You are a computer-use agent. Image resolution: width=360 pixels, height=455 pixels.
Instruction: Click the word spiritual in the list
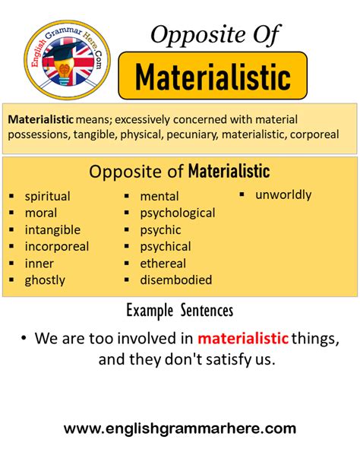48,197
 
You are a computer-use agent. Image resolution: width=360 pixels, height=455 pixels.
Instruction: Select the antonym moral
41,213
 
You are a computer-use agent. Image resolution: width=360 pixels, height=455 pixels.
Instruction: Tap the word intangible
52,230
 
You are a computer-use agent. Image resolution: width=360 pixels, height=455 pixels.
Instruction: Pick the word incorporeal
57,247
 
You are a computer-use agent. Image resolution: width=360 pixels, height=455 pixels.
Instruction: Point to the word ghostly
45,280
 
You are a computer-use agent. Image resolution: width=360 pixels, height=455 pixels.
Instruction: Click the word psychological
178,213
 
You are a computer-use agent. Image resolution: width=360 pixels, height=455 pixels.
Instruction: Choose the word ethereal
163,264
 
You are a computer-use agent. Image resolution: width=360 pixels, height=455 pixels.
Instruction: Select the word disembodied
176,280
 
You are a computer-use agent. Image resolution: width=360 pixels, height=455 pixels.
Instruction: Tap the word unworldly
283,194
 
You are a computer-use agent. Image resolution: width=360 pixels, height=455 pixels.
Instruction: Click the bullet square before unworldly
242,194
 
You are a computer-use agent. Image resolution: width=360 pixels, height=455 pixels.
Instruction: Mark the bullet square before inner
11,264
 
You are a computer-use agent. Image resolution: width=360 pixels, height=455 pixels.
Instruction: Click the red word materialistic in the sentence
243,339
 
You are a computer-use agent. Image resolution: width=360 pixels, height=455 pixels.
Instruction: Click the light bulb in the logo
65,71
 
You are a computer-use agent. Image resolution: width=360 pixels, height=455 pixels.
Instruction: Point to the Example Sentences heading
180,311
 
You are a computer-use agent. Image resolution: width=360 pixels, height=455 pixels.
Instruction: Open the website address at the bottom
180,429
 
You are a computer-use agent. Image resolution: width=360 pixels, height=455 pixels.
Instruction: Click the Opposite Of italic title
215,35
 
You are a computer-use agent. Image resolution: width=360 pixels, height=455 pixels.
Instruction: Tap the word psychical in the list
166,247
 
